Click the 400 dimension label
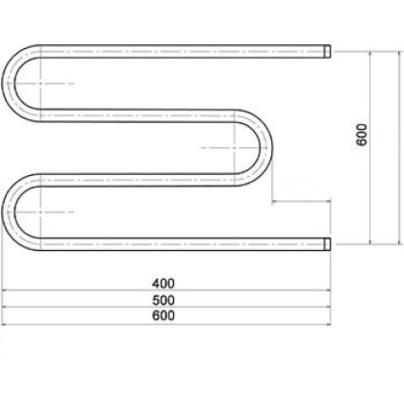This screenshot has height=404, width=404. point(164,284)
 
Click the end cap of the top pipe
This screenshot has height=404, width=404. point(328,49)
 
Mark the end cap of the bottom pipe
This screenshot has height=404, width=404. point(328,242)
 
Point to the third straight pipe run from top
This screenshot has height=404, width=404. point(135,178)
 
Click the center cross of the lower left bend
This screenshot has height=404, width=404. point(38,210)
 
